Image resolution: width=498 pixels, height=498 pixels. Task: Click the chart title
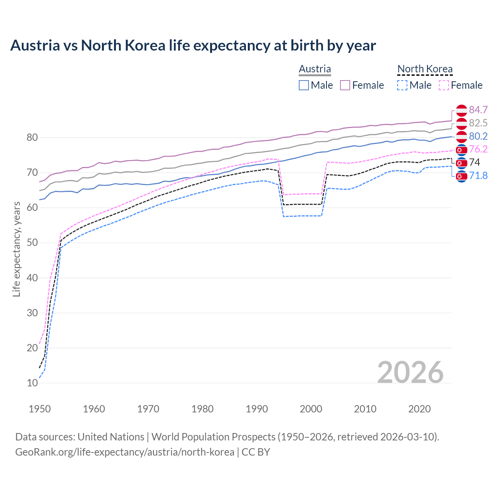[193, 46]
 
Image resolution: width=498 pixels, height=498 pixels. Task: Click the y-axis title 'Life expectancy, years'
[16, 249]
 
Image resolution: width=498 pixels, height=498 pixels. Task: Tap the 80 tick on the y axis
[32, 137]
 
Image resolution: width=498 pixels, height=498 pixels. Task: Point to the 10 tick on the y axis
[32, 383]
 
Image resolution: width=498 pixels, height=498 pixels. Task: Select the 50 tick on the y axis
[32, 243]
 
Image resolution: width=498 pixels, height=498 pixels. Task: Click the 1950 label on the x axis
[40, 409]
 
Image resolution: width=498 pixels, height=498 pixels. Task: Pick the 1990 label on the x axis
[257, 409]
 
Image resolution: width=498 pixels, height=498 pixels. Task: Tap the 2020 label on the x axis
[419, 409]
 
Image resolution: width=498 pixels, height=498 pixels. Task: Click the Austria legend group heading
[315, 69]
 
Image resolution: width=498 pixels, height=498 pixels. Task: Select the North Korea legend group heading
[425, 69]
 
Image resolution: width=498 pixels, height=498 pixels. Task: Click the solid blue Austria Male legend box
[304, 85]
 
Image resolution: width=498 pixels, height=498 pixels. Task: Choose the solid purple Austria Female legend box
[345, 85]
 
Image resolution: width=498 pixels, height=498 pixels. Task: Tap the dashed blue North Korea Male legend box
[402, 85]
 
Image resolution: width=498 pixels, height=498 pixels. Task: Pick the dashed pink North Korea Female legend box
[444, 85]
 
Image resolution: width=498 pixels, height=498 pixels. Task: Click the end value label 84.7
[478, 110]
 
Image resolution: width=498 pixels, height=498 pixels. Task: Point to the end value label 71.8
[478, 176]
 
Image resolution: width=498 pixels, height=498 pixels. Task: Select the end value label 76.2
[478, 149]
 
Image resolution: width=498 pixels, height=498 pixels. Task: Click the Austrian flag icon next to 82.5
[461, 123]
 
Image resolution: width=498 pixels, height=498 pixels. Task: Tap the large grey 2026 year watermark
[410, 372]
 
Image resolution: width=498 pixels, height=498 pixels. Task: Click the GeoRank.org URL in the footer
[124, 452]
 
